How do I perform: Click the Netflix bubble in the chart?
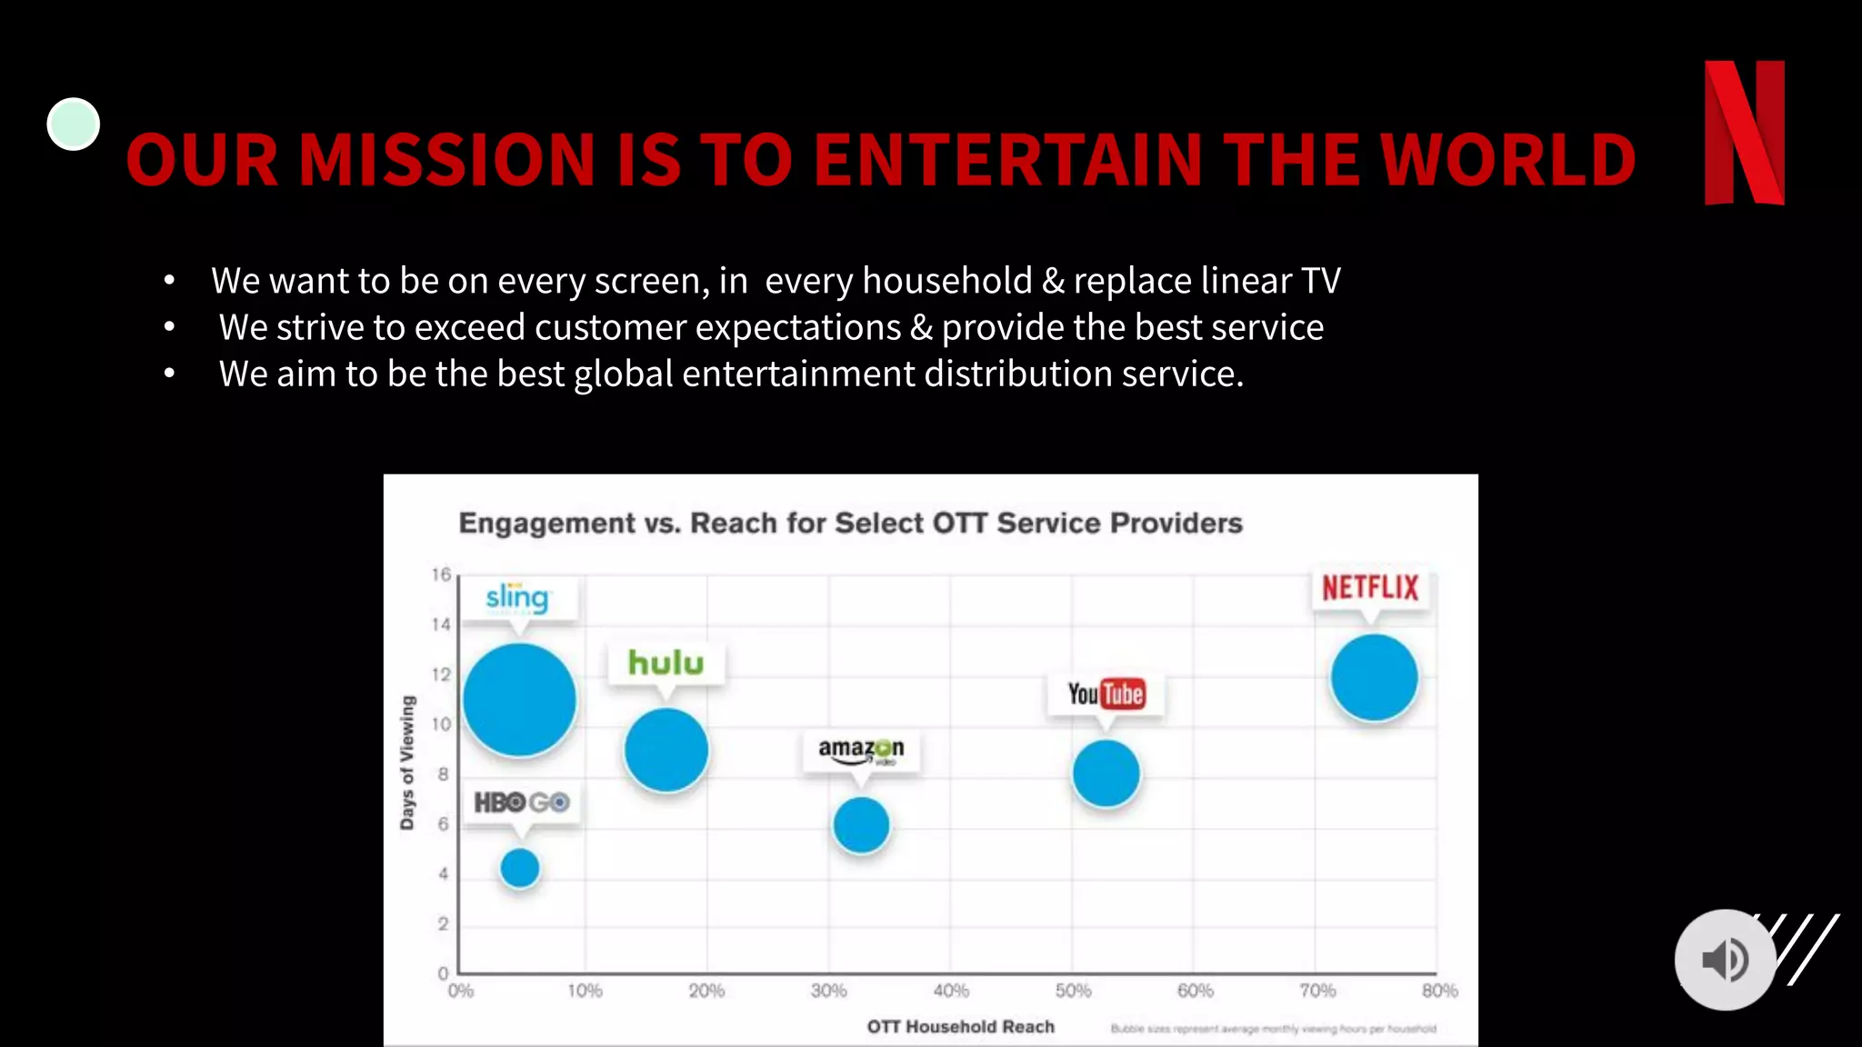[1374, 678]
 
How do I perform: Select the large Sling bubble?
[519, 700]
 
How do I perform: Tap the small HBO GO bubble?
[520, 868]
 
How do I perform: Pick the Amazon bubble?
[861, 825]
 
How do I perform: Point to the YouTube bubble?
[1106, 773]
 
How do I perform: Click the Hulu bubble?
[666, 750]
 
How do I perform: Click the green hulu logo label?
[666, 663]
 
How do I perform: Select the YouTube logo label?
[1106, 694]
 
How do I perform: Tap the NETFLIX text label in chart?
[1370, 588]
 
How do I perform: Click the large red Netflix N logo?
[1744, 133]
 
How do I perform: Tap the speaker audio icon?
[1725, 960]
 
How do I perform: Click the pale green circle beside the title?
[74, 124]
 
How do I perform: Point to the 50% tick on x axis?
[1073, 991]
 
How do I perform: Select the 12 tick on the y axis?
[441, 674]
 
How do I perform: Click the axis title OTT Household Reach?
[960, 1026]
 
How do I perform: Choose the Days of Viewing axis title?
[406, 763]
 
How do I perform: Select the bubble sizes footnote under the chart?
[1273, 1029]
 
